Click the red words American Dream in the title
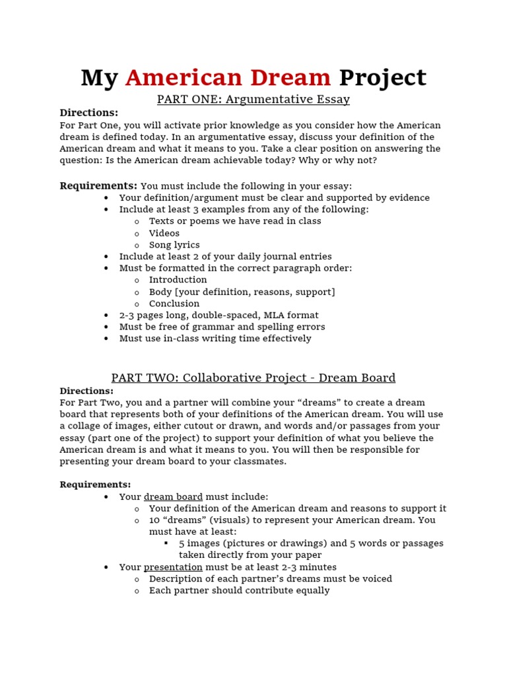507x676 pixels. [228, 78]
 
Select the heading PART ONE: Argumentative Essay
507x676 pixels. [253, 100]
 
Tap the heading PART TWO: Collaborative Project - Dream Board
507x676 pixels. [253, 378]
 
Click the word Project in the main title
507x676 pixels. [382, 78]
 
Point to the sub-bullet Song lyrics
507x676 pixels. [174, 245]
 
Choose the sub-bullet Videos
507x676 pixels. [164, 233]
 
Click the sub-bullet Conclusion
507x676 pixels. [174, 304]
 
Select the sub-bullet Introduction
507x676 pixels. [178, 280]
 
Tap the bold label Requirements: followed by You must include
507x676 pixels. [98, 186]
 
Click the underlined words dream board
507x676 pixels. [173, 496]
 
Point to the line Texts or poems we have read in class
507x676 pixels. [235, 221]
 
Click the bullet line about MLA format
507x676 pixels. [219, 316]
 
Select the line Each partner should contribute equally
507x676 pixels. [239, 591]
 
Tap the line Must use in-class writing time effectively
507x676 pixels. [215, 339]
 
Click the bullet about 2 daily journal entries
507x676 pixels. [225, 256]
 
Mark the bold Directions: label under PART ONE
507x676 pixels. [88, 113]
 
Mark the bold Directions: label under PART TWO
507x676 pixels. [86, 391]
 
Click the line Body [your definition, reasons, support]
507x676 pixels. [242, 292]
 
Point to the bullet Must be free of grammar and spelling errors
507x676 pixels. [222, 327]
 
